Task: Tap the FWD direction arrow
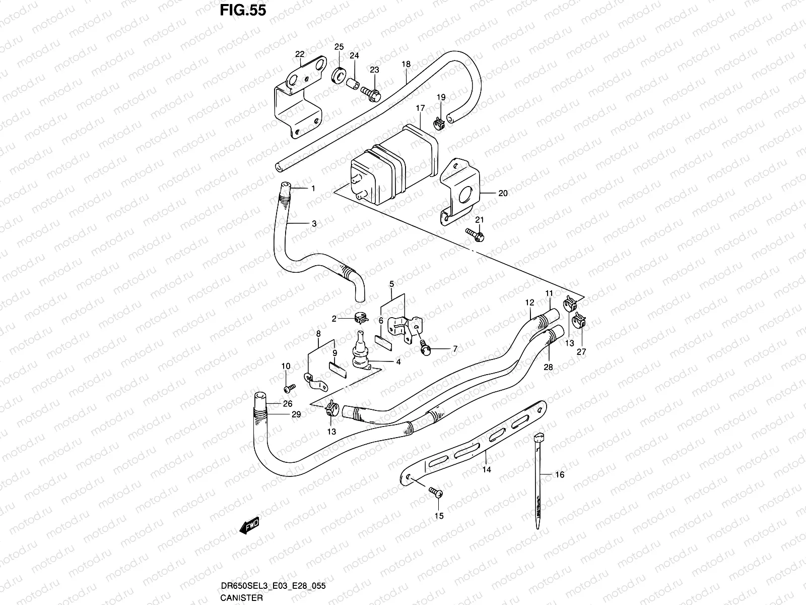point(249,527)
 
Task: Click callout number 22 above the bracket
point(300,54)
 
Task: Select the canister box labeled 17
point(395,161)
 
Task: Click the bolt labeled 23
point(371,92)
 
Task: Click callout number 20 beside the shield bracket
point(503,193)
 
